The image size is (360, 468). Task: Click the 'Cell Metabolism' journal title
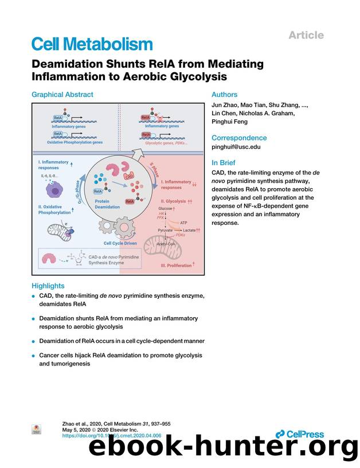(x=92, y=44)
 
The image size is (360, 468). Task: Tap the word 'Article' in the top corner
(x=306, y=35)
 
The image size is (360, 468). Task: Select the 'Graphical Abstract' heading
(x=62, y=95)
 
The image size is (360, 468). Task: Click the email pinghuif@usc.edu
(x=236, y=147)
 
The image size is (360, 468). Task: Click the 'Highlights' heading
(x=48, y=286)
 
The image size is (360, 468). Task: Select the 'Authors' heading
(x=224, y=95)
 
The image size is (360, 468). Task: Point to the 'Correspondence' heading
(x=239, y=138)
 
